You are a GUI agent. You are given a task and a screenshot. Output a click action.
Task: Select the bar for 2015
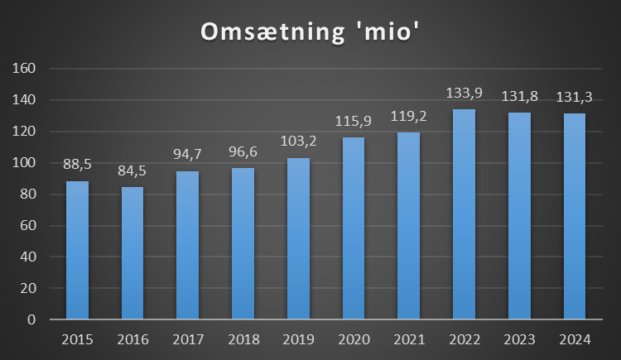point(77,250)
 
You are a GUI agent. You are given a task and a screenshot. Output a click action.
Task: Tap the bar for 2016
point(132,252)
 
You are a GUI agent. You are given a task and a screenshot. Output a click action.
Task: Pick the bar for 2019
point(298,238)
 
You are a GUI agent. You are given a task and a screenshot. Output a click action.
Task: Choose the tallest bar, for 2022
point(465,214)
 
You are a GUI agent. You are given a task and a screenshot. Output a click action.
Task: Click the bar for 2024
point(575,216)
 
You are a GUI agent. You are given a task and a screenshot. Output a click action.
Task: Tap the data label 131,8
point(520,97)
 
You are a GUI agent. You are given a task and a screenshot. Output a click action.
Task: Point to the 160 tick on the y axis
point(26,69)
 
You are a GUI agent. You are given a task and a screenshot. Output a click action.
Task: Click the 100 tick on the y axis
point(26,163)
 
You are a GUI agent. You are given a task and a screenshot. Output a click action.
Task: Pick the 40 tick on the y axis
point(29,257)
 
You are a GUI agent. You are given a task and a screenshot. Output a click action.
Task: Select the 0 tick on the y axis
point(32,319)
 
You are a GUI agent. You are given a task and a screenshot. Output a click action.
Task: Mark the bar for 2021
point(409,226)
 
